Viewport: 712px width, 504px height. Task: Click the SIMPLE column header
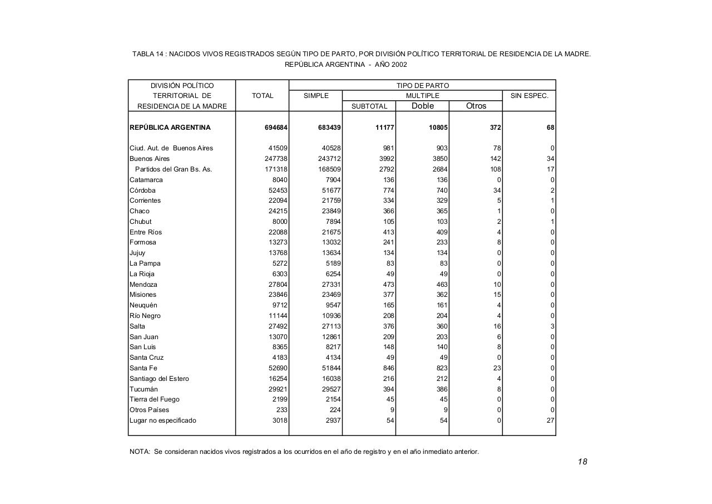click(x=316, y=96)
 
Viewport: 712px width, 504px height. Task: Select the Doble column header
click(x=422, y=106)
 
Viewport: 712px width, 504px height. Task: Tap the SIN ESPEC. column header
click(x=529, y=96)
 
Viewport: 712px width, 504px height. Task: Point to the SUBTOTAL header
click(x=369, y=106)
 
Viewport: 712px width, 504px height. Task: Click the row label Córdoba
click(x=143, y=190)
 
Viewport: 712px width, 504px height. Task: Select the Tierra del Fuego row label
click(x=155, y=399)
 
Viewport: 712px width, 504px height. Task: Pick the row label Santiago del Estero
click(x=159, y=379)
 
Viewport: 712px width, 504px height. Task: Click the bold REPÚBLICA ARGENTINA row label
click(x=170, y=128)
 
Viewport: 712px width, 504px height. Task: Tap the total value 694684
click(x=276, y=128)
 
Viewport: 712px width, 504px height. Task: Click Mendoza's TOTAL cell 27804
click(x=278, y=285)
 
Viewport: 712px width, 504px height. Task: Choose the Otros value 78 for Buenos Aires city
click(x=497, y=148)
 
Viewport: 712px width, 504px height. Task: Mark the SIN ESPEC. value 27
click(x=550, y=420)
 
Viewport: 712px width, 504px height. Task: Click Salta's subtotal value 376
click(x=388, y=326)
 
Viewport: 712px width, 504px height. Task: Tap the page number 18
click(x=582, y=462)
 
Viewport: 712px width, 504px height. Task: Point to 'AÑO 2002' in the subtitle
click(x=391, y=65)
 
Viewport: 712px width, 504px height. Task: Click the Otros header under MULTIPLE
click(x=476, y=106)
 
